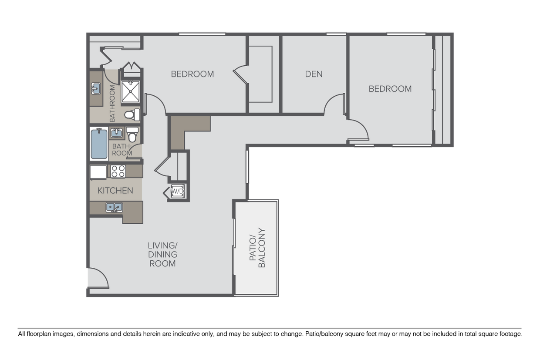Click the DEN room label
click(314, 74)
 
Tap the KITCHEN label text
click(115, 191)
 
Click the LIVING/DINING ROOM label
click(162, 255)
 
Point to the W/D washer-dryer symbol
click(177, 192)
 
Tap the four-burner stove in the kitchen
click(118, 172)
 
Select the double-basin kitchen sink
click(114, 208)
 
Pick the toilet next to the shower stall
click(132, 115)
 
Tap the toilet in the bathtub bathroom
click(132, 135)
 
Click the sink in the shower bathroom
click(96, 89)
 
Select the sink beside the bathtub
click(116, 133)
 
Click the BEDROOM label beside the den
click(390, 89)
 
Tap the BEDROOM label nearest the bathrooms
click(192, 74)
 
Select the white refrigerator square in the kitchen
click(98, 172)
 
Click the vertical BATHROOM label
click(112, 103)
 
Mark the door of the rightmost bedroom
click(359, 131)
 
